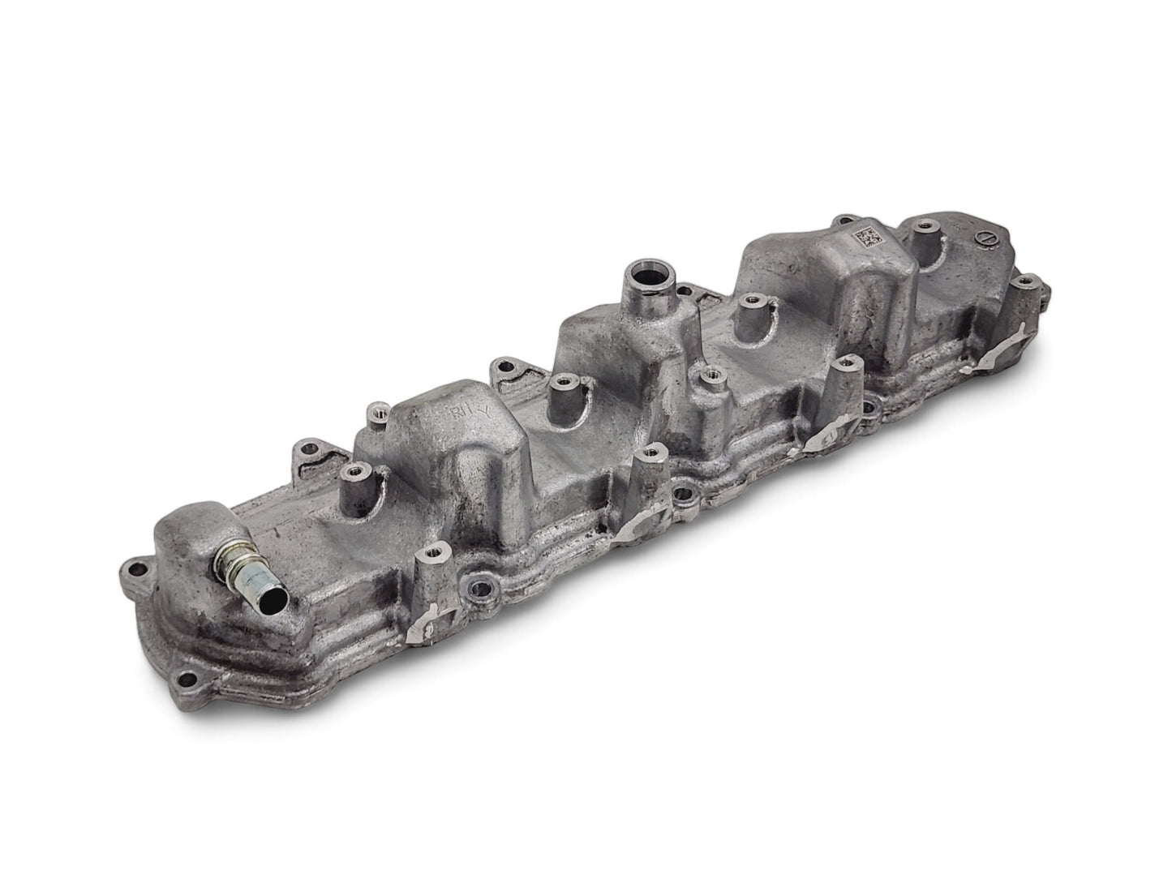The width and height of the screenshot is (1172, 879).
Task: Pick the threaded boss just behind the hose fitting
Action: (353, 471)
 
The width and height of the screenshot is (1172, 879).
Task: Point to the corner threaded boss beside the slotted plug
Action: (1026, 283)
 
